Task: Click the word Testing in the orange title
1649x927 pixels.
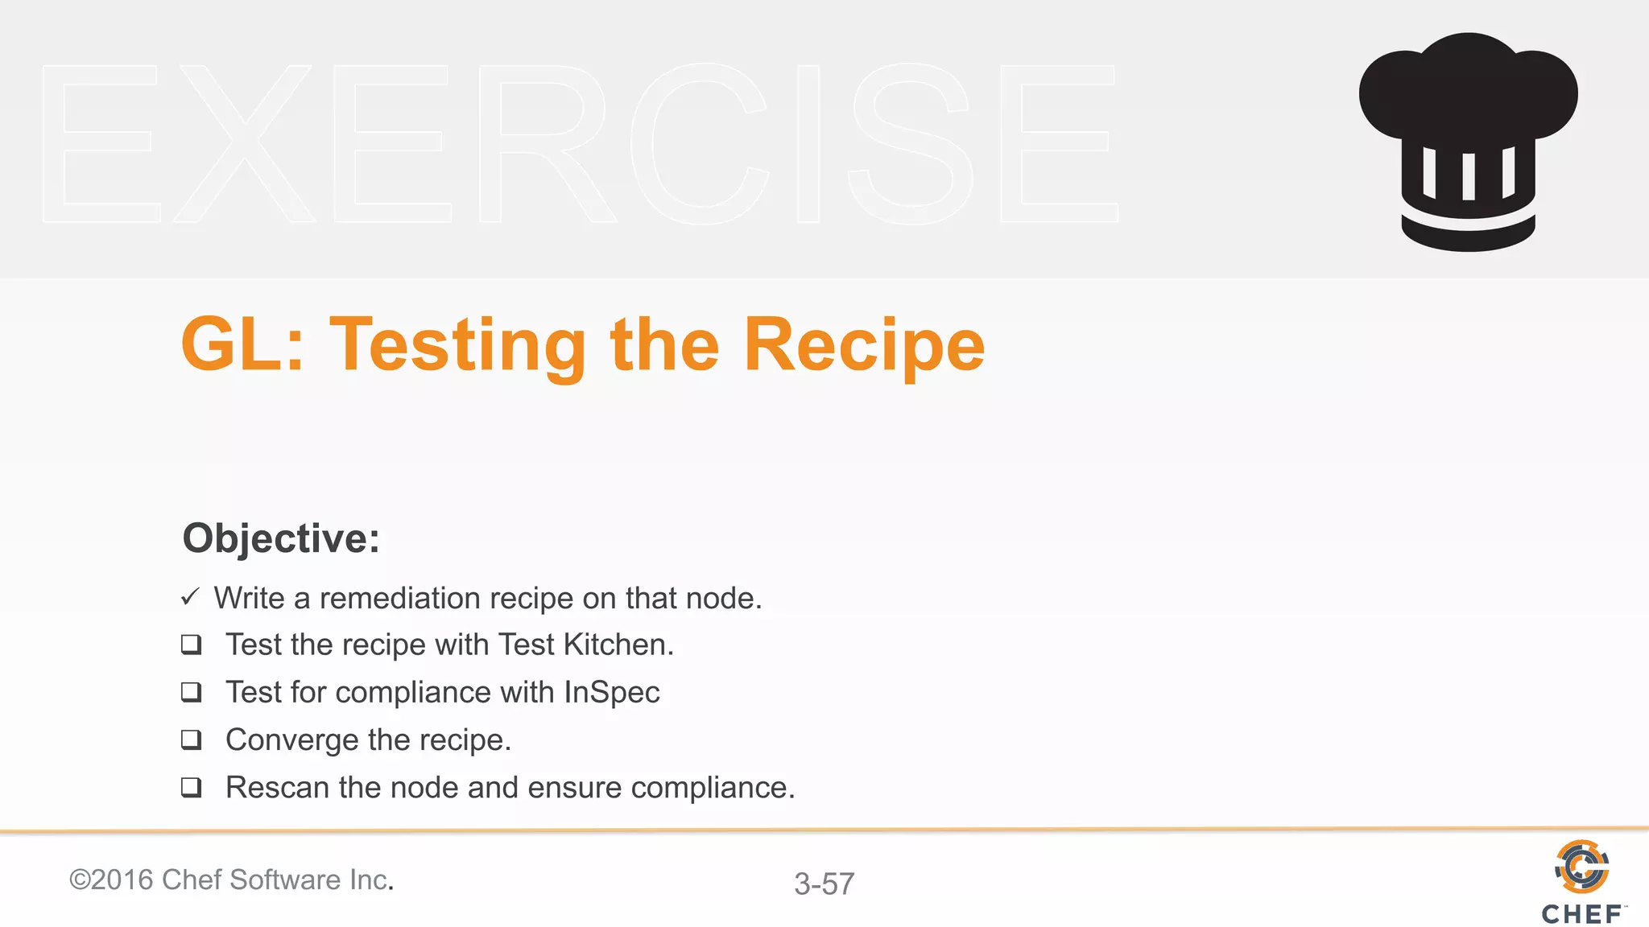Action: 457,346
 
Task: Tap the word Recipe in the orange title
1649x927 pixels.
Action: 864,346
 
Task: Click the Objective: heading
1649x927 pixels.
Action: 281,538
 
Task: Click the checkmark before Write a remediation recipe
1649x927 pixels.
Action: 190,597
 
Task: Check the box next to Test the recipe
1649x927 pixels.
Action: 191,645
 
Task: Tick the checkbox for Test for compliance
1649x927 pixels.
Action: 191,692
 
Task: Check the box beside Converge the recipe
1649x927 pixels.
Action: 191,740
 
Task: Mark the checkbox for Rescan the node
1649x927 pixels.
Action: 191,787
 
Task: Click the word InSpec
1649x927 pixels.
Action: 611,693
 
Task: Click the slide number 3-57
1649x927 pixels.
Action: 824,884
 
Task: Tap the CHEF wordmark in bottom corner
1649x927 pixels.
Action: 1581,914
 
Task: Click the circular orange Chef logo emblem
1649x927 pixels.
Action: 1581,867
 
